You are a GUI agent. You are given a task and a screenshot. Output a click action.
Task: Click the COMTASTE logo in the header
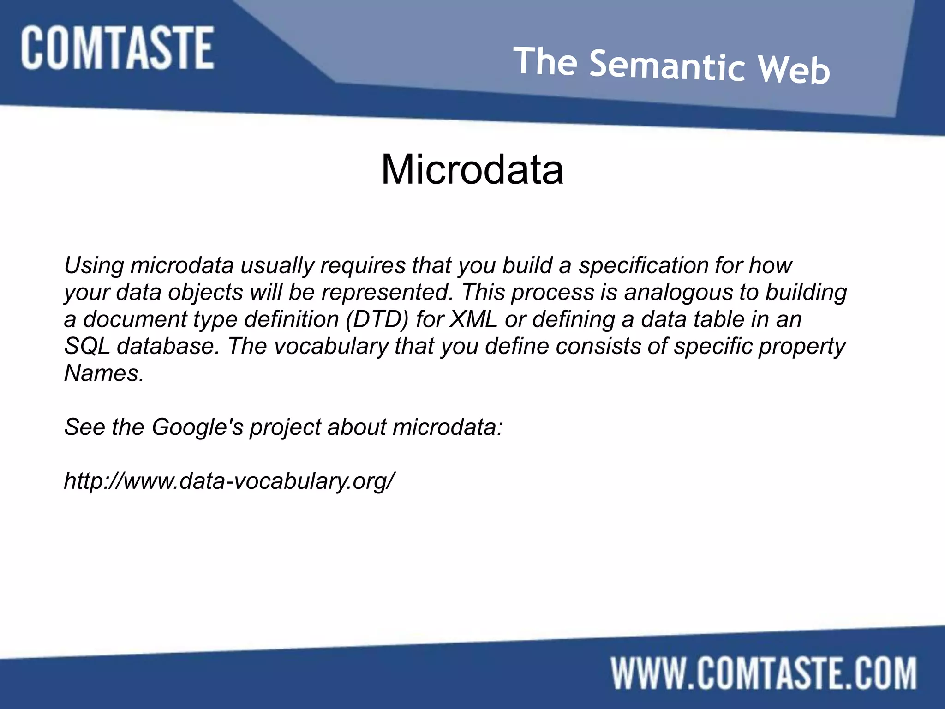point(117,48)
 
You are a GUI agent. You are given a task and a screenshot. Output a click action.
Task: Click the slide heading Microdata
point(472,170)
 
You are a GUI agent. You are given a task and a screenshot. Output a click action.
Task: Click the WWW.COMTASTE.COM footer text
point(764,673)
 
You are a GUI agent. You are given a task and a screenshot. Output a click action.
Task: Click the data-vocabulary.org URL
point(229,481)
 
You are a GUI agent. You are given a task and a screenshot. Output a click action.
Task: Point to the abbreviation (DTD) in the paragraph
point(377,319)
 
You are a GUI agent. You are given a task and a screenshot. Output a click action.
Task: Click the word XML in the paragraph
point(474,319)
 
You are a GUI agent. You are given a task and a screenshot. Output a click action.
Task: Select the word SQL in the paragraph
point(87,346)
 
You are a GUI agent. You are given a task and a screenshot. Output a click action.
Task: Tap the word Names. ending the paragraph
point(104,373)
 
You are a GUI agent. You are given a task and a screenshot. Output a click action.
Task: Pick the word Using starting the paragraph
point(94,266)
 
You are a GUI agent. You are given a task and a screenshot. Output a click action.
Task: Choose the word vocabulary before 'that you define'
point(332,346)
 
